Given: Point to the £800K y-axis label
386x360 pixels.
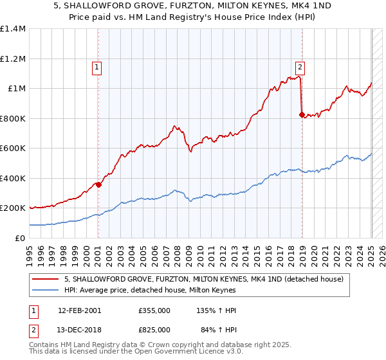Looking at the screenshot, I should [x=14, y=118].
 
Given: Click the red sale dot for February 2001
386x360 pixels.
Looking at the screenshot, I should [x=98, y=185].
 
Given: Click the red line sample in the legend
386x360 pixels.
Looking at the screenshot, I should [x=46, y=279].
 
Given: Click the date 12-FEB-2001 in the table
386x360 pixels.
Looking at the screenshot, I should [x=80, y=310].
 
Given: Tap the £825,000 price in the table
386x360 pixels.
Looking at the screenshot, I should [x=154, y=329].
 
